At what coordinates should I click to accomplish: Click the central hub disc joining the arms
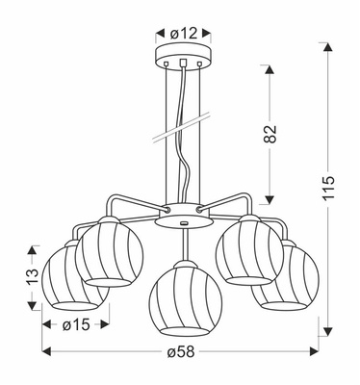pyautogui.click(x=183, y=221)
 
